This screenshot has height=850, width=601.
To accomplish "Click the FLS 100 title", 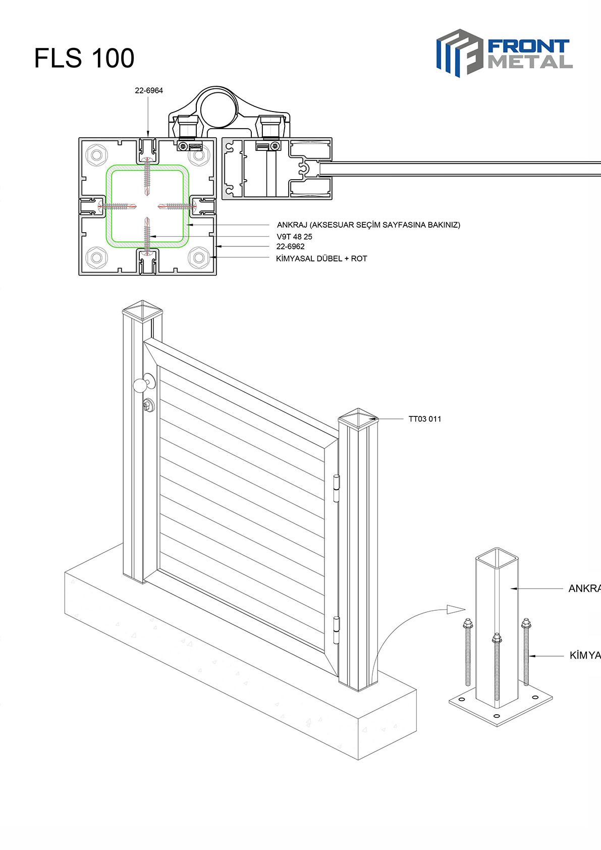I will (x=84, y=58).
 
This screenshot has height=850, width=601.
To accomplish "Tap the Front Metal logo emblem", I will (x=458, y=52).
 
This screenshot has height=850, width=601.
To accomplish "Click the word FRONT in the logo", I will (x=528, y=47).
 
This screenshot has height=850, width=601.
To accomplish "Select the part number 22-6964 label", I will (x=149, y=91).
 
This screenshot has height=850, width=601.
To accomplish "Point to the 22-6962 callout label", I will (x=290, y=247).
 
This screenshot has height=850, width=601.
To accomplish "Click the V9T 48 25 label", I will (x=294, y=237).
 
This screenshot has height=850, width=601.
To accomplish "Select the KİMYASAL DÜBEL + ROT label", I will (x=321, y=259).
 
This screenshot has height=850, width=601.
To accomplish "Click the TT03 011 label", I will (x=425, y=419).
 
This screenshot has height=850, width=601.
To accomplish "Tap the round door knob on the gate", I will (x=140, y=385).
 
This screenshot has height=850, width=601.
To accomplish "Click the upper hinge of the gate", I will (x=336, y=488).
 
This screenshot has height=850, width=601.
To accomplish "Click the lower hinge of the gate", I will (x=336, y=630).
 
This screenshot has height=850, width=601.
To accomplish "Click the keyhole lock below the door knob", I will (x=148, y=404).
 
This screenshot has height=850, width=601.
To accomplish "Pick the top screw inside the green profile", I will (x=147, y=177).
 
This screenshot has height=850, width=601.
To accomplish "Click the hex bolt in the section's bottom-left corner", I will (x=96, y=257).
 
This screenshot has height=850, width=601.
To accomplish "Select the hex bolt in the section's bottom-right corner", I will (x=198, y=257).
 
